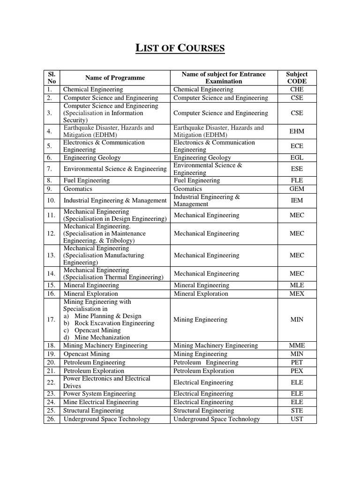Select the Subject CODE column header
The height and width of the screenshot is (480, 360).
coord(297,77)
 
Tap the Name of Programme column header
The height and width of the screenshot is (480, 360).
coord(115,78)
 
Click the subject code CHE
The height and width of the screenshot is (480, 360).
coord(297,90)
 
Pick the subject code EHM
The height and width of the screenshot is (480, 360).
coord(297,132)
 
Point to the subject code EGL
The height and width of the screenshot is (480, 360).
coord(297,158)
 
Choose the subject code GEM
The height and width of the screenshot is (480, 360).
coord(297,189)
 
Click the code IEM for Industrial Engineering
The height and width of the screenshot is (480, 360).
coord(297,201)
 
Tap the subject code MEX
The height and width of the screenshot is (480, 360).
coord(297,294)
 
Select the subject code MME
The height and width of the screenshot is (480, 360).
coord(297,345)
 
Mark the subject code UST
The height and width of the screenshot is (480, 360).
coord(297,419)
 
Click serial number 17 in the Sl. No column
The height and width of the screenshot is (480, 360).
coord(52,320)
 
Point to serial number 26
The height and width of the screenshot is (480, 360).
coord(52,419)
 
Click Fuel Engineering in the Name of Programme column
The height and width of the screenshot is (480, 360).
coord(87,180)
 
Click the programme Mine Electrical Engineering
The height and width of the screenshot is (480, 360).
coord(101,402)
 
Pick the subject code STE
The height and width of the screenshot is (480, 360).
coord(297,411)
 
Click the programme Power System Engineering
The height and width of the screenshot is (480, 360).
coord(99,394)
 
